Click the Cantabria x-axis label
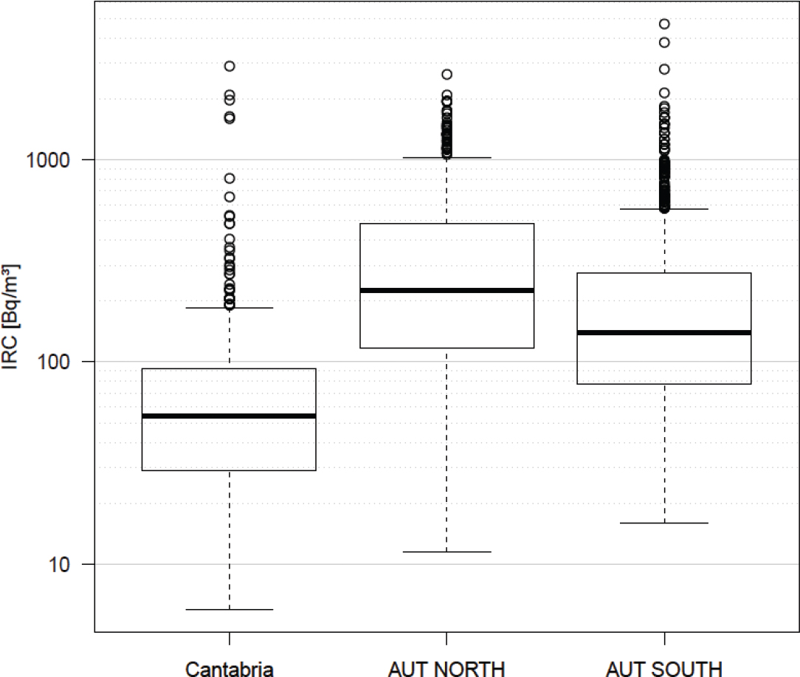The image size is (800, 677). pos(230,669)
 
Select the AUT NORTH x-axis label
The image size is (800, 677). pos(446,669)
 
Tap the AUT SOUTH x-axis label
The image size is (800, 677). pos(663,669)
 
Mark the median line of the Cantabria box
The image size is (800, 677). pos(230,416)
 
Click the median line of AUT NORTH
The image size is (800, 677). pos(446,290)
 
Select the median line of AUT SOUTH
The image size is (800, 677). pos(663,332)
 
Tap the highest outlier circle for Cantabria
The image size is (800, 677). pos(230,66)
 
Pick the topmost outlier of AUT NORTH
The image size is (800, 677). pos(446,75)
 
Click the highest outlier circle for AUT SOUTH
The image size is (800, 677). pos(664,24)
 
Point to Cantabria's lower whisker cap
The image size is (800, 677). pos(230,610)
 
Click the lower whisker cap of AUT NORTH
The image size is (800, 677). pos(446,551)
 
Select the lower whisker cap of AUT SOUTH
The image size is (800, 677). pos(663,523)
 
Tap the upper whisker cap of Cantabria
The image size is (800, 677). pos(230,308)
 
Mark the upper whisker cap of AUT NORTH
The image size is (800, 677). pos(446,157)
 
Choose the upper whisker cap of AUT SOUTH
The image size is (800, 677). pos(663,209)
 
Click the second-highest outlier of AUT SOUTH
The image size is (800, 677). pos(664,42)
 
